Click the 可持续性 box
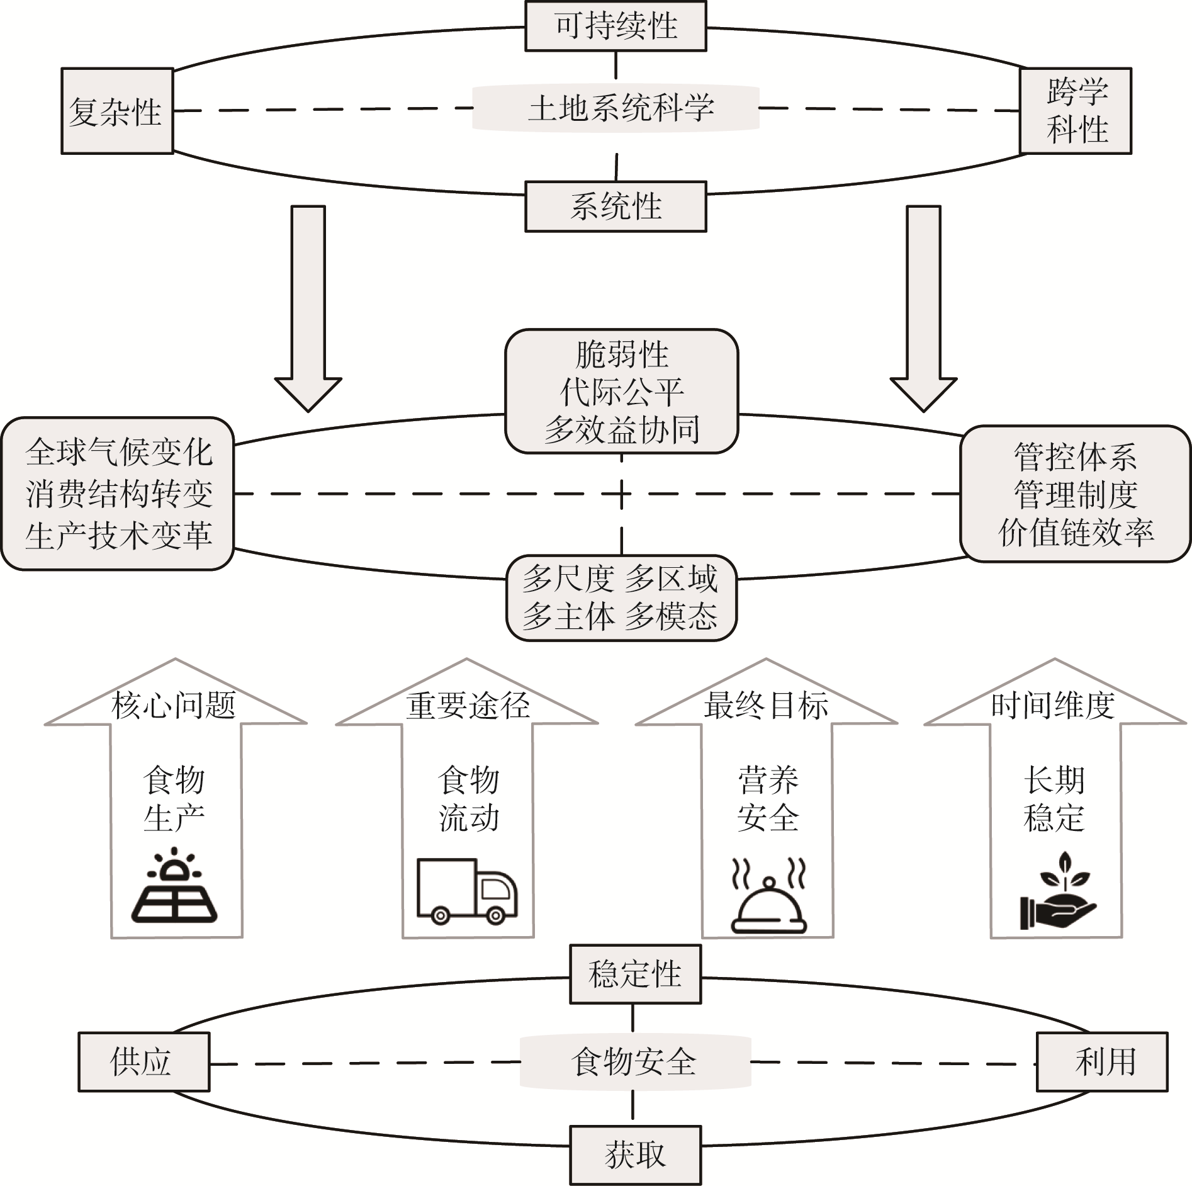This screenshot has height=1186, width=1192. click(616, 26)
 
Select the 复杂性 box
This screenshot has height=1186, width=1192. click(117, 111)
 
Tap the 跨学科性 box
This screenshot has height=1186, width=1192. click(1075, 111)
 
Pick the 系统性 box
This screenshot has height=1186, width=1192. click(616, 206)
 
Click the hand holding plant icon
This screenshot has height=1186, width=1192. click(1058, 891)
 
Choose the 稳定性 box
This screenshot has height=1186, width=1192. click(634, 974)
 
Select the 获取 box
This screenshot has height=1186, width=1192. click(634, 1155)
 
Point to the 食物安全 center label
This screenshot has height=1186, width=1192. click(634, 1062)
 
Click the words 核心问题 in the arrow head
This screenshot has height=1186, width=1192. click(174, 705)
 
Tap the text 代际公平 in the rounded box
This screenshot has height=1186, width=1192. click(621, 392)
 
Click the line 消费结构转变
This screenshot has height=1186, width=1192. click(119, 494)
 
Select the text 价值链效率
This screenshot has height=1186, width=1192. click(1076, 533)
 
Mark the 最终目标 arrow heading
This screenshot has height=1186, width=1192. click(766, 705)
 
